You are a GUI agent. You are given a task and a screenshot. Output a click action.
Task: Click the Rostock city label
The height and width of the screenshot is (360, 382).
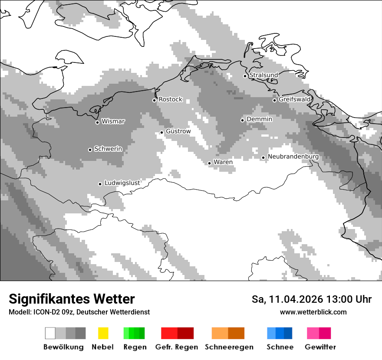[x=170, y=99]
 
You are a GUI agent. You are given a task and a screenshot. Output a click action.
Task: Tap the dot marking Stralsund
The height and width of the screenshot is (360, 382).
[x=245, y=76]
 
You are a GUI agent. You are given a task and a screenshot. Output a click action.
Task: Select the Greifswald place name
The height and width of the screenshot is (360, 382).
[x=294, y=99]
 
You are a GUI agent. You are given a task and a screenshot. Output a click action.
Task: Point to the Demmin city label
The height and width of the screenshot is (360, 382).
[x=259, y=119]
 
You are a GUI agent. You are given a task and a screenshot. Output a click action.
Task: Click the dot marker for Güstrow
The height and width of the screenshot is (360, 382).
[x=161, y=132]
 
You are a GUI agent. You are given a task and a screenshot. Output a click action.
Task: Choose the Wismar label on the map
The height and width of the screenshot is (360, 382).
[x=113, y=121]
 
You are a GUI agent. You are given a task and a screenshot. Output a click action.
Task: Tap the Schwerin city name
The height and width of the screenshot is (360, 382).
[x=108, y=149]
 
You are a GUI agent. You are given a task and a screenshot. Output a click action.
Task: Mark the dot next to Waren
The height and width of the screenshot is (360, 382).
[x=209, y=164]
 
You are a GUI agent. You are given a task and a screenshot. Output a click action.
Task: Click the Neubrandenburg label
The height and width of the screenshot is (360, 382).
[x=293, y=157]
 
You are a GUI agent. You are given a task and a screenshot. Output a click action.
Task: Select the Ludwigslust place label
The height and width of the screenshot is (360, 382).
[x=122, y=183]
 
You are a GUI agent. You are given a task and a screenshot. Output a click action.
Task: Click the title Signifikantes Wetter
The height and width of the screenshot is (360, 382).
[x=72, y=299]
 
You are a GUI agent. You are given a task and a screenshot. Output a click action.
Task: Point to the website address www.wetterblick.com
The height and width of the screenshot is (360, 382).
[x=313, y=312]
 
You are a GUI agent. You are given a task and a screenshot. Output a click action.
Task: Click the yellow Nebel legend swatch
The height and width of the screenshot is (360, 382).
[x=103, y=333]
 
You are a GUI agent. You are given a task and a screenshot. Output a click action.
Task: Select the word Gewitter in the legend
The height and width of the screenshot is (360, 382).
[x=320, y=347]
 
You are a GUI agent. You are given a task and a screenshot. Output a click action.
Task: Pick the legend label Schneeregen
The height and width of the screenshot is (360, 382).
[x=229, y=347]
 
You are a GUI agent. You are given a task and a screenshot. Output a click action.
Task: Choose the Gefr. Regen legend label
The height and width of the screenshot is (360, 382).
[x=176, y=347]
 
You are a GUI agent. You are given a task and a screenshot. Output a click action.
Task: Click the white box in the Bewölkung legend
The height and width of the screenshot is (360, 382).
[x=50, y=333]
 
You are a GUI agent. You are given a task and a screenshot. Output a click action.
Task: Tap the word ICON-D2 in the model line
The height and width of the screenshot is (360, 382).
[x=45, y=312]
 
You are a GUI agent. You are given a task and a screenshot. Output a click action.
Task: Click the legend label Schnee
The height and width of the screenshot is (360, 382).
[x=280, y=347]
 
